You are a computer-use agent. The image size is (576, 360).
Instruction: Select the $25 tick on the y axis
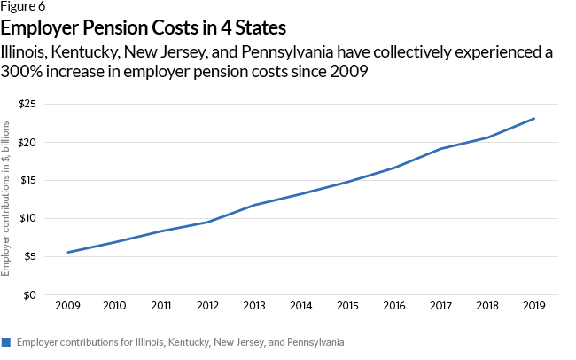click(x=27, y=105)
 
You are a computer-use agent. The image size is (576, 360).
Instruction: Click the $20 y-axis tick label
click(x=27, y=143)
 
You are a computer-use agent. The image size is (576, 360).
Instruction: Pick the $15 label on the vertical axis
click(x=27, y=181)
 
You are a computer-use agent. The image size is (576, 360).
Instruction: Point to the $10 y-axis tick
click(x=27, y=219)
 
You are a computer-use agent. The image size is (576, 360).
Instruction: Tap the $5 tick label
click(x=29, y=257)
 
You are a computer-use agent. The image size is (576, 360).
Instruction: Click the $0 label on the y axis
click(x=29, y=295)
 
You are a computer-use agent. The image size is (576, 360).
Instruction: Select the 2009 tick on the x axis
click(x=67, y=306)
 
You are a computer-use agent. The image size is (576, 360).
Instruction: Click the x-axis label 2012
click(x=207, y=306)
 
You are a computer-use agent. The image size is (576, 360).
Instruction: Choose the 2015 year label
click(x=347, y=306)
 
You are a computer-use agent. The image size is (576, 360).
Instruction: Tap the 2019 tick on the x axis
click(x=534, y=306)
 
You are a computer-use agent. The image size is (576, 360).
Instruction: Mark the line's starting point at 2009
click(x=67, y=253)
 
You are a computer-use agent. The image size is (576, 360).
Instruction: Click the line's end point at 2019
click(x=534, y=119)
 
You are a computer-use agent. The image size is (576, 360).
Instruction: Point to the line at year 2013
click(x=254, y=206)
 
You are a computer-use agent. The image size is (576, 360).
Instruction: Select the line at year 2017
click(x=441, y=149)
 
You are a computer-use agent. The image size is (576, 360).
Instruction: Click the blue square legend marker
click(x=6, y=341)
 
